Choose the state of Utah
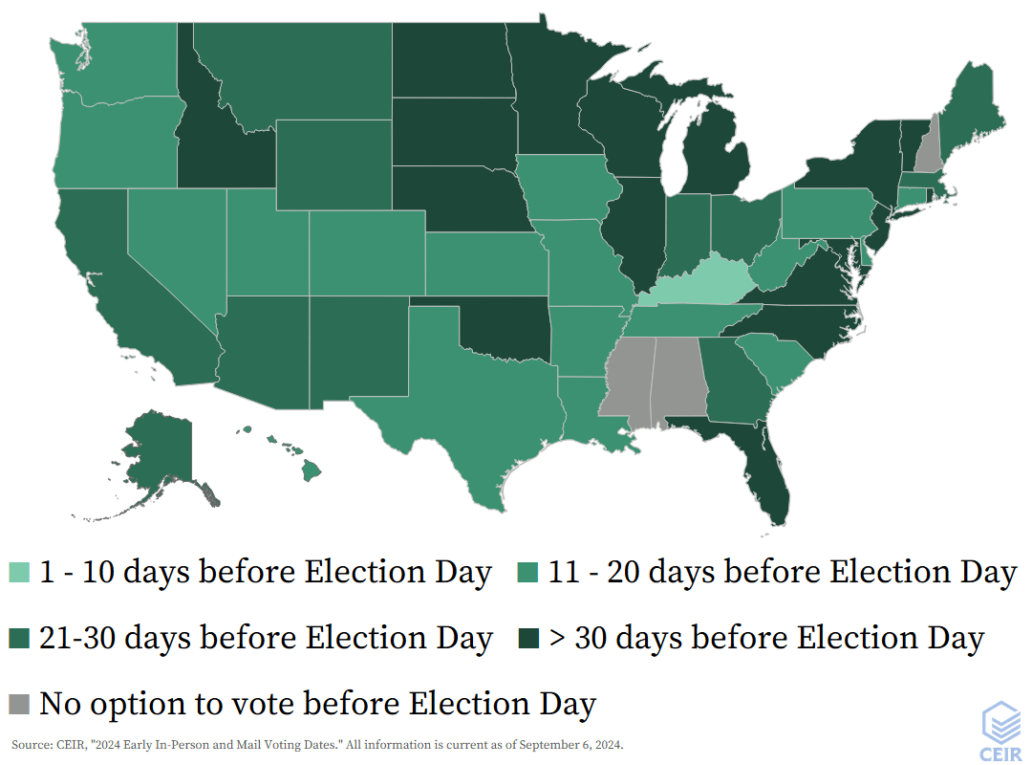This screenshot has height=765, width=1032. pos(268,244)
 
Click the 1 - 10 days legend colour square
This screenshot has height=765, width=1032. pos(20,573)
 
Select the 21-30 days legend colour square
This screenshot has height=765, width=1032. pos(20,638)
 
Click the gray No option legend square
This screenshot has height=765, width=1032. pos(20,704)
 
